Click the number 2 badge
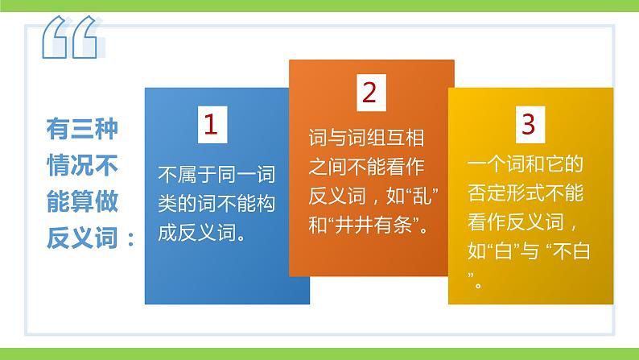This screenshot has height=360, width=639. [369, 93]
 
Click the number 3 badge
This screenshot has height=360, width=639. [528, 124]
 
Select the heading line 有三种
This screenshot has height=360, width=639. [82, 129]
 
